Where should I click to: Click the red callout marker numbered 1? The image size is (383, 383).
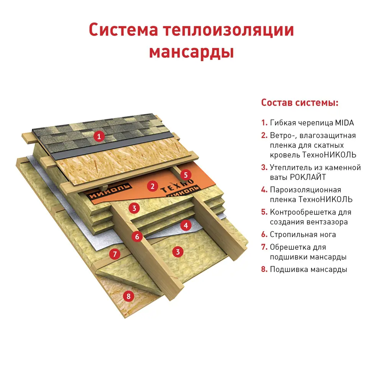[99, 136]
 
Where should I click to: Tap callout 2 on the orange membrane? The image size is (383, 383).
[152, 187]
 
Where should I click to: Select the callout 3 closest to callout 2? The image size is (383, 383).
[134, 208]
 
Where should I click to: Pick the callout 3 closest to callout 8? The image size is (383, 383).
[177, 252]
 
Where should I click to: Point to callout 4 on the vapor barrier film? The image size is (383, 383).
[186, 225]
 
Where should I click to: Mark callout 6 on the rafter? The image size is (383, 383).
[137, 236]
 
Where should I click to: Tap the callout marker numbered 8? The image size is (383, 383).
[128, 296]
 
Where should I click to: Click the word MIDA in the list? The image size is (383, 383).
[345, 123]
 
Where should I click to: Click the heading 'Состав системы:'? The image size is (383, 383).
[300, 103]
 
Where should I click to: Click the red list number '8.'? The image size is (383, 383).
[264, 269]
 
